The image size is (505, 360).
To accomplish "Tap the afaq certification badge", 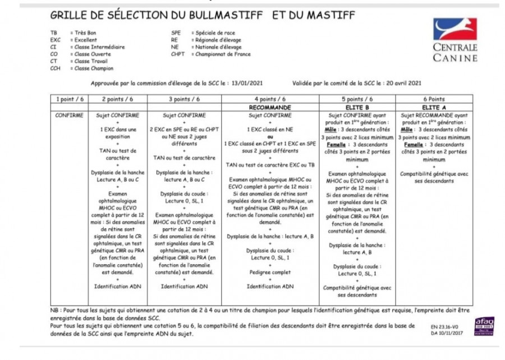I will (x=484, y=326).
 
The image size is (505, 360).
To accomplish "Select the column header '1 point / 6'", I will (x=70, y=99).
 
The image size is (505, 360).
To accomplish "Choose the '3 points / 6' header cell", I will (x=184, y=99).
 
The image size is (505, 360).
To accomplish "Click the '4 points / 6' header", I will (x=270, y=99).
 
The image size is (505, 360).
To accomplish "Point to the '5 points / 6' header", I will (x=357, y=99).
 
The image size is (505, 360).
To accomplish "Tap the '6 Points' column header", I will (x=433, y=99).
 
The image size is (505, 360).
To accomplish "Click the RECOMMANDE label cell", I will (x=270, y=107).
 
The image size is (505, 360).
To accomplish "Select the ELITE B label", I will (x=357, y=107).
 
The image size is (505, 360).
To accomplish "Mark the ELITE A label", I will (x=433, y=107).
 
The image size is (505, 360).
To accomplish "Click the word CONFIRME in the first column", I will (x=70, y=116).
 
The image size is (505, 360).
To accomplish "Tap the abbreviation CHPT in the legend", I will (x=178, y=54).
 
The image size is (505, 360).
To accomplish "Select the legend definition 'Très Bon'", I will (x=86, y=33).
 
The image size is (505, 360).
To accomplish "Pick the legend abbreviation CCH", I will (x=55, y=69).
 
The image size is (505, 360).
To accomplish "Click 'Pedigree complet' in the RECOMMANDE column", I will (x=270, y=272).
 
